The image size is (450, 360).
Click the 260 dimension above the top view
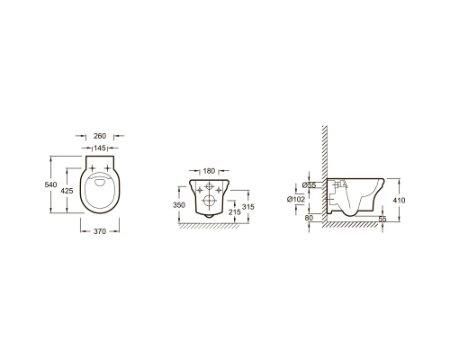click(100, 136)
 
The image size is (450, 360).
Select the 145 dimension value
click(100, 148)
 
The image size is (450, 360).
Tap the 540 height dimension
click(50, 184)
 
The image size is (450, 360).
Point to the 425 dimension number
click(67, 191)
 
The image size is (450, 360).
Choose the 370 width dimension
click(100, 231)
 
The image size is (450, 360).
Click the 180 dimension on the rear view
click(209, 171)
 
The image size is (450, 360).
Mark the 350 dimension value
click(179, 205)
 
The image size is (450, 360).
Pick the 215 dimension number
click(235, 212)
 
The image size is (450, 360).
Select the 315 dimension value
click(248, 207)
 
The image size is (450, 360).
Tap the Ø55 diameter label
click(309, 185)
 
